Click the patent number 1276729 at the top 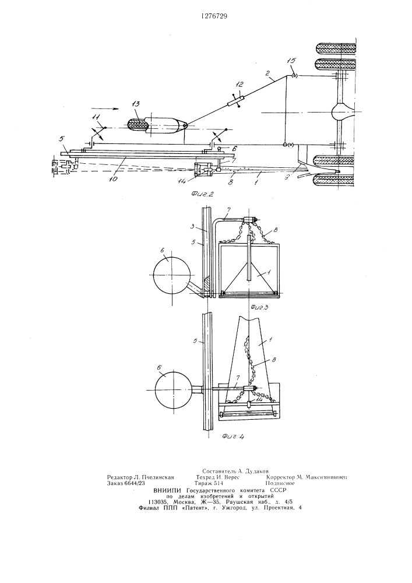214,16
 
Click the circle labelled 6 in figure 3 172,275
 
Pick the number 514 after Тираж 217,483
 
